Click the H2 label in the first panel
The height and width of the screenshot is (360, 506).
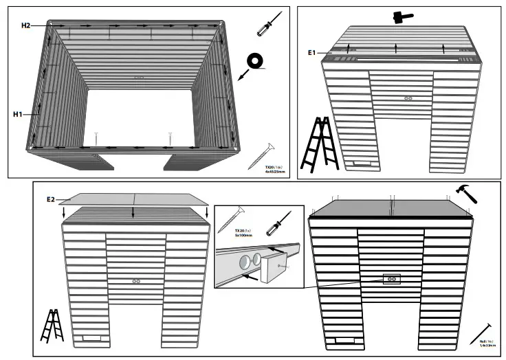(x=26, y=25)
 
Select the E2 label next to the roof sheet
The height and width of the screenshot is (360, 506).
(x=51, y=199)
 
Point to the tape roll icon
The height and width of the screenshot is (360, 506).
(x=257, y=63)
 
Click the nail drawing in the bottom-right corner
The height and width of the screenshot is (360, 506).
(x=483, y=333)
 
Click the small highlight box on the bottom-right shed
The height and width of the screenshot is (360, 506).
(x=390, y=279)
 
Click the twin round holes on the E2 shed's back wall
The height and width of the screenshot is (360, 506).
(x=136, y=281)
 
